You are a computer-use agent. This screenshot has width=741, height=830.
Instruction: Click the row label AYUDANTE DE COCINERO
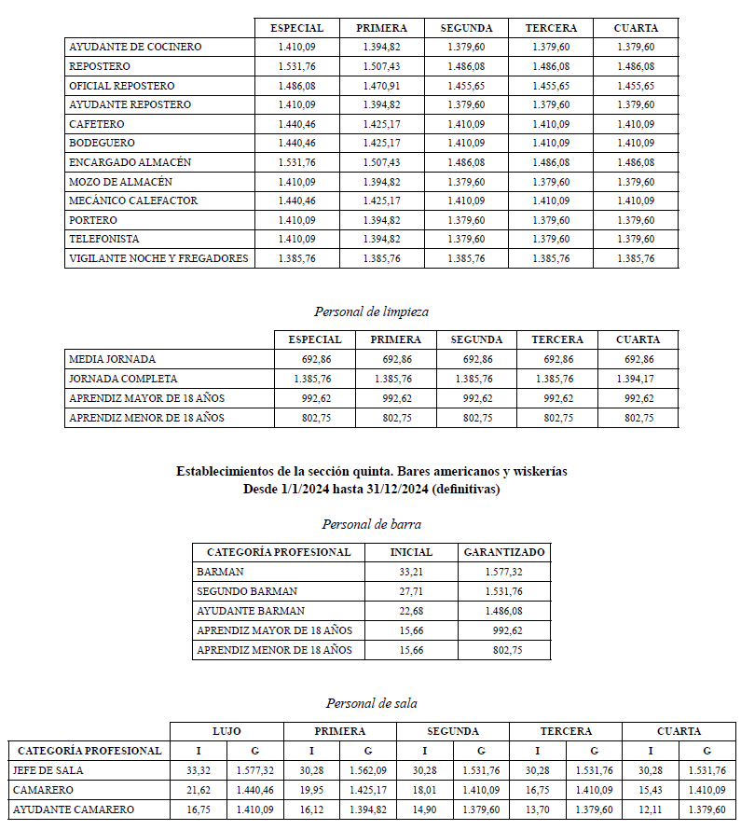coord(135,47)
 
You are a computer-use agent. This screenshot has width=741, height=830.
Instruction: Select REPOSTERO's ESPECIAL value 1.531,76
coord(296,66)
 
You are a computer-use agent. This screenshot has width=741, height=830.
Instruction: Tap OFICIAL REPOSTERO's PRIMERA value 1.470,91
coord(381,86)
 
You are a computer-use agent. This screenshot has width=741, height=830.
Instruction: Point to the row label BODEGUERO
coord(102,143)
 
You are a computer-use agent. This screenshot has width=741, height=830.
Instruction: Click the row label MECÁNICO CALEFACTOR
coord(133,201)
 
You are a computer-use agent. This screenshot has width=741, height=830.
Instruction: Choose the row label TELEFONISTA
coord(105,239)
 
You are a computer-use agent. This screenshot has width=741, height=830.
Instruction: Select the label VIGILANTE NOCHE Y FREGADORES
coord(158,258)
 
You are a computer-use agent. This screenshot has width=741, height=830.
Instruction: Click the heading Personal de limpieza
coord(371,311)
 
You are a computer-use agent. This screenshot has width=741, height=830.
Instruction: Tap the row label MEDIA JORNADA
coord(113,359)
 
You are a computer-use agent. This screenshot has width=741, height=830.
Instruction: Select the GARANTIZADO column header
coord(503,552)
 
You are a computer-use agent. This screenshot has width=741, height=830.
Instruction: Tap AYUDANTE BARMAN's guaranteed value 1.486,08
coord(503,611)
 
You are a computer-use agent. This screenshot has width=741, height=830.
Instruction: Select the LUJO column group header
coord(226,731)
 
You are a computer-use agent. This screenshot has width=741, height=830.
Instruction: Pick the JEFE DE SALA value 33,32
coord(198,770)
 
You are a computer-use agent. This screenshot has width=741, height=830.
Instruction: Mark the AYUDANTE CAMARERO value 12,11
coord(650,809)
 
